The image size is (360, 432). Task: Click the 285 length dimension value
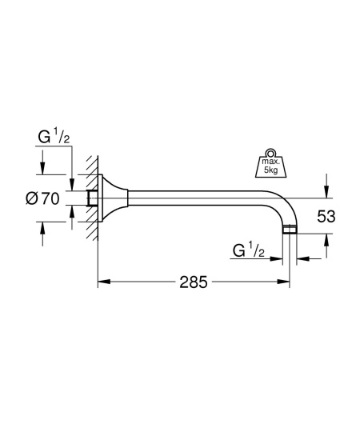click(193, 282)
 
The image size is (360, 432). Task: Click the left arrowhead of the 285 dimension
click(102, 282)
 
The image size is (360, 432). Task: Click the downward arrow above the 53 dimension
click(325, 191)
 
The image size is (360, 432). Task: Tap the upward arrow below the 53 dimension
click(325, 239)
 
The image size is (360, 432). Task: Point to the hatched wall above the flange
click(92, 168)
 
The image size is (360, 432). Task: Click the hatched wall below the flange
click(92, 232)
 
